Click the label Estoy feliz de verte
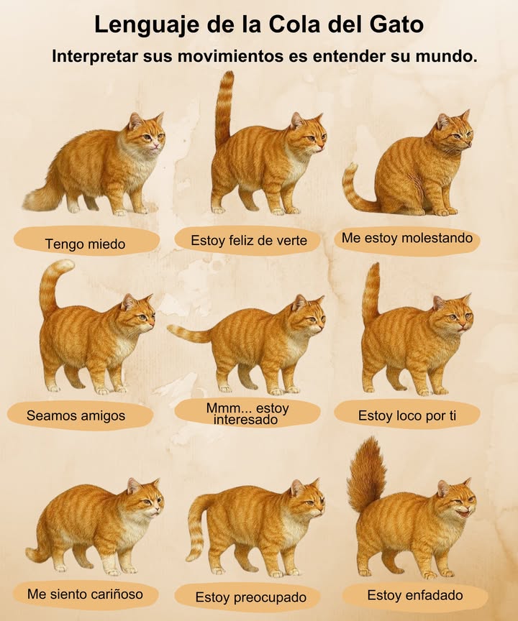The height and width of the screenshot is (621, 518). pos(249,241)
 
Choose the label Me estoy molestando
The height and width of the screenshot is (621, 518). pos(407,238)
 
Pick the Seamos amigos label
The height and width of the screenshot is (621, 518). pos(76,415)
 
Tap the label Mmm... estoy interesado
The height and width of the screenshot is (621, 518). pos(247,413)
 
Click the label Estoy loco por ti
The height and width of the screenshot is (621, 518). pos(407,415)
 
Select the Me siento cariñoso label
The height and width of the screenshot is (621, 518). pos(85,594)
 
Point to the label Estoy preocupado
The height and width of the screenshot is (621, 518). pos(251,597)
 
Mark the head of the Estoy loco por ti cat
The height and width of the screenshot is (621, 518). pos(452,314)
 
